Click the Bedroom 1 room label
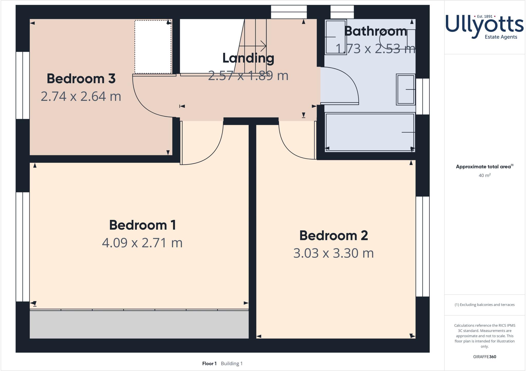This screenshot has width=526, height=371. coord(143,225)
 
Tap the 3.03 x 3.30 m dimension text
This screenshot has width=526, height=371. coord(333,253)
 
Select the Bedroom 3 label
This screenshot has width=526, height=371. coord(81,79)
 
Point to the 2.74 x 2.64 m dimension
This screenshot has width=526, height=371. coord(81,96)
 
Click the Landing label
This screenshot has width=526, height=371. coord(248,58)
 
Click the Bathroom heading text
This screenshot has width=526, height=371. coord(375,31)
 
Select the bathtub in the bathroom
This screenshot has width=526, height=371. coord(370,132)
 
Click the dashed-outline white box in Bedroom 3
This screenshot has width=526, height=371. coord(153,47)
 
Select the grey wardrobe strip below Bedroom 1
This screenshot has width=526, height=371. coord(139,324)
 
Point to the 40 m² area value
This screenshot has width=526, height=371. coord(484,175)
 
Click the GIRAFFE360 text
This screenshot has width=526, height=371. coord(484,357)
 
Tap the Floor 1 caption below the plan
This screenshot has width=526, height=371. coord(209,364)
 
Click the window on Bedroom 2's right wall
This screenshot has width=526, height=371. coord(422,246)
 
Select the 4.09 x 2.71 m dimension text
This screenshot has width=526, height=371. coord(142,243)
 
